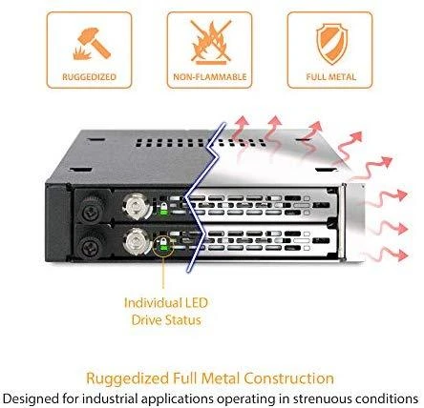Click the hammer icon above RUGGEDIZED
pos(92,44)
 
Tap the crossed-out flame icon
pos(211,42)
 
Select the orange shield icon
pos(331,44)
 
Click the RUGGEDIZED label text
pos(90,77)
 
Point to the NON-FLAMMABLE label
pos(210,77)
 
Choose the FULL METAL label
pos(331,77)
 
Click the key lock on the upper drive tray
pos(138,207)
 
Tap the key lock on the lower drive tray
pos(138,242)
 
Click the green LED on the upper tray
pos(163,211)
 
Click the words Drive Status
pos(166,320)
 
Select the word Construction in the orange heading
pos(288,378)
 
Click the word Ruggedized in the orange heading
pos(128,379)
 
